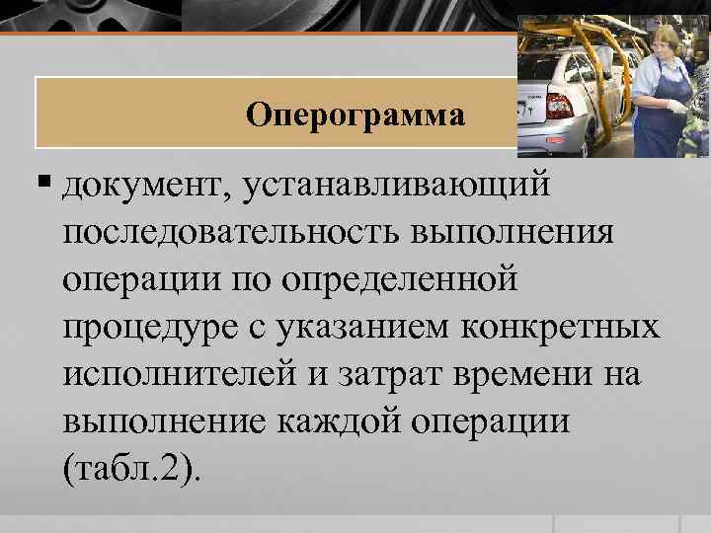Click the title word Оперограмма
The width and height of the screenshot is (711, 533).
[355, 114]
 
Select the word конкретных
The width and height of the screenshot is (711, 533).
[576, 329]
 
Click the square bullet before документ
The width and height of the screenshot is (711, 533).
[45, 184]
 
